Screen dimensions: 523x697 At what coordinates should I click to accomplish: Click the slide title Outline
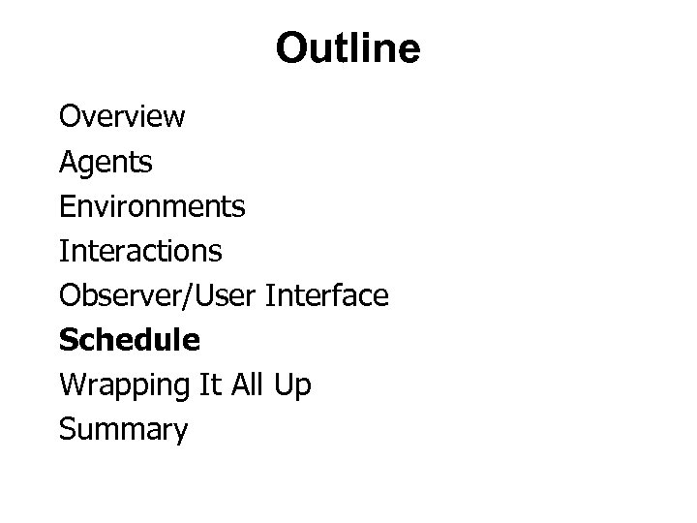348,48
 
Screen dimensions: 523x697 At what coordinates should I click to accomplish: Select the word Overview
122,117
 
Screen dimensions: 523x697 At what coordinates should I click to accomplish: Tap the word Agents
106,163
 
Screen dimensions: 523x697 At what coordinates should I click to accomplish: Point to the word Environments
152,206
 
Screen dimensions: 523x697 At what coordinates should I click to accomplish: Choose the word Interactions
140,251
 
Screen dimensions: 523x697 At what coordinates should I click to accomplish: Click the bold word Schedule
130,340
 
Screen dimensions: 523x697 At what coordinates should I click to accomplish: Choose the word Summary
123,429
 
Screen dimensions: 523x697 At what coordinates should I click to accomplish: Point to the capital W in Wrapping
72,385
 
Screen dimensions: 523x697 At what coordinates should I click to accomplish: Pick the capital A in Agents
68,162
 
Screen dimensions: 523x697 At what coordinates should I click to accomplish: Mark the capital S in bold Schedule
68,340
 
